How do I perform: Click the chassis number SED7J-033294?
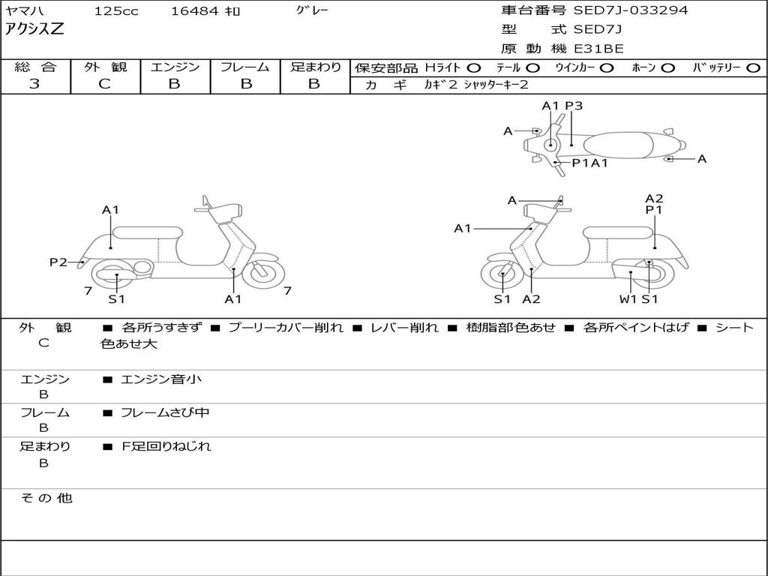[x=630, y=10]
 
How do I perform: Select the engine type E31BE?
[x=598, y=49]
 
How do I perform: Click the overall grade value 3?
[x=34, y=83]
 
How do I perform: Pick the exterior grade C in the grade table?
[x=104, y=83]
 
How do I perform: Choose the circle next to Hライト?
[x=474, y=68]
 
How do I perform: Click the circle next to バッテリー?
[x=753, y=68]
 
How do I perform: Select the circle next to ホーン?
[x=667, y=68]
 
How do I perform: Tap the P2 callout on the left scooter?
[x=58, y=262]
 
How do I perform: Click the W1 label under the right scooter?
[x=628, y=299]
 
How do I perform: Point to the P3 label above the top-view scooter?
[x=574, y=106]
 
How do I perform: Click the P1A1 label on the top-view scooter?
[x=589, y=162]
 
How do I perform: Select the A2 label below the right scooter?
[x=531, y=299]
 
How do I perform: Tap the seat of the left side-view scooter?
[x=147, y=232]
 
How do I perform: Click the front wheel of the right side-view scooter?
[x=502, y=276]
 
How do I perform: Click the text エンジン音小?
[x=161, y=379]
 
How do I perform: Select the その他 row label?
[x=46, y=497]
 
